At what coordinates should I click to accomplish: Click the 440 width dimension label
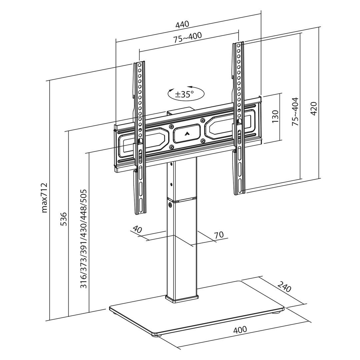pyautogui.click(x=182, y=24)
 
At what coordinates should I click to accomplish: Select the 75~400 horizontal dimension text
pyautogui.click(x=187, y=37)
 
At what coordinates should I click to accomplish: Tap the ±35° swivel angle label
pyautogui.click(x=184, y=94)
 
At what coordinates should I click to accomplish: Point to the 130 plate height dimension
pyautogui.click(x=275, y=117)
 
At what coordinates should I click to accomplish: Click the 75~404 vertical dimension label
pyautogui.click(x=295, y=111)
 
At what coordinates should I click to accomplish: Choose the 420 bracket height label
pyautogui.click(x=314, y=108)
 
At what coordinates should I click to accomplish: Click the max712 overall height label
pyautogui.click(x=44, y=197)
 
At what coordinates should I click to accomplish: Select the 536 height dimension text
pyautogui.click(x=64, y=219)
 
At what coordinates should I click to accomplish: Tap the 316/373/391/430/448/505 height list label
pyautogui.click(x=84, y=239)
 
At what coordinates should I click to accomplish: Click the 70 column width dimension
pyautogui.click(x=219, y=235)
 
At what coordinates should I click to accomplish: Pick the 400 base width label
pyautogui.click(x=240, y=329)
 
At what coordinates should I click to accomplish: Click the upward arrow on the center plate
pyautogui.click(x=187, y=134)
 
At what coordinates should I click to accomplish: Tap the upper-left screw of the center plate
pyautogui.click(x=171, y=127)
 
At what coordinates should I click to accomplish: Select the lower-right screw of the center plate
pyautogui.click(x=202, y=141)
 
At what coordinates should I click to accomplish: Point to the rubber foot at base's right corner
pyautogui.click(x=277, y=312)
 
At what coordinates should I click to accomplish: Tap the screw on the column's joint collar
pyautogui.click(x=170, y=205)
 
